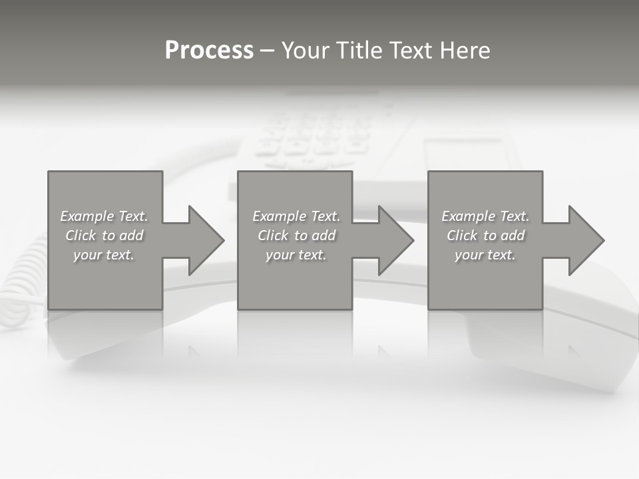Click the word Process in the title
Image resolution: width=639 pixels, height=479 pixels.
point(209,51)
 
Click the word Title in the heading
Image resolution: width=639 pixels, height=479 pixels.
point(360,51)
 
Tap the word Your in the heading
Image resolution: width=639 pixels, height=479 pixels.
point(307,51)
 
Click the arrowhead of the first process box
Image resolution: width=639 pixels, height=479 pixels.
point(206,240)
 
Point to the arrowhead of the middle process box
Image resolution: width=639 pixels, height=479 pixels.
point(395,240)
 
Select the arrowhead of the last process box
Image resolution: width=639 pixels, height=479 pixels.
point(586,240)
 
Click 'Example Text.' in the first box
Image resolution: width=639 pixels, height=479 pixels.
point(104,216)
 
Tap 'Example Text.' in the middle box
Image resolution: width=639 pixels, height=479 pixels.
point(296,216)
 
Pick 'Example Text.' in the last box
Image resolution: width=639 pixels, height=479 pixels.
point(485,216)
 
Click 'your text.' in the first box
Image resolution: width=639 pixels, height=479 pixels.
point(104,255)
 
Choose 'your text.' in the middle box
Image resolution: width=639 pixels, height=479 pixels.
point(296,255)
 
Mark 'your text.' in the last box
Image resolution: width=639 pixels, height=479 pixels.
point(485,255)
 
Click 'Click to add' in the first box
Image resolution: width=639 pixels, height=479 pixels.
point(104,236)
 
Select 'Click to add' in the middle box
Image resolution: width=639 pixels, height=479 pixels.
point(296,236)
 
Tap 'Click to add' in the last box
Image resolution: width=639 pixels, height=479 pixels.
point(485,236)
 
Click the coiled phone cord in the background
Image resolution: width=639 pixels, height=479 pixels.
point(20,279)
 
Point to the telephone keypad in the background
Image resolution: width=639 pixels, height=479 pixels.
point(313,136)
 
